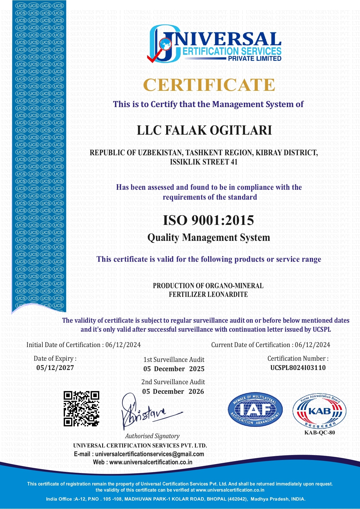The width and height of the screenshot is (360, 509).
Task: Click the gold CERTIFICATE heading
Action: (x=209, y=85)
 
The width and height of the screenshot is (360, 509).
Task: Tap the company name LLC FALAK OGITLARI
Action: (x=204, y=130)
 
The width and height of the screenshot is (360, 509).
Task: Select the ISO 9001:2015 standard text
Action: (x=208, y=220)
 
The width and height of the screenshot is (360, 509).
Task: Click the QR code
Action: (x=82, y=409)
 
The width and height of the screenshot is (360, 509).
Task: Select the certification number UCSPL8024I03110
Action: (x=298, y=368)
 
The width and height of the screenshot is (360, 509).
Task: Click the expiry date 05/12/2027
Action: (x=55, y=368)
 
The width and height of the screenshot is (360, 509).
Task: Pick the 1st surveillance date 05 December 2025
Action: (x=174, y=369)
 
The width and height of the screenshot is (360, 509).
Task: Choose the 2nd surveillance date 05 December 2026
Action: (x=173, y=391)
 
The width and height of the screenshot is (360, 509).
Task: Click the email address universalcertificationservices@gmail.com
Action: (x=149, y=454)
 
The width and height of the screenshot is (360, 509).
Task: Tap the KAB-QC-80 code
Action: (x=319, y=433)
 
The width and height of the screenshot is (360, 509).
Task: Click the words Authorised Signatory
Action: (x=152, y=436)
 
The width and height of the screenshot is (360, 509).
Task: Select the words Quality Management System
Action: (x=209, y=238)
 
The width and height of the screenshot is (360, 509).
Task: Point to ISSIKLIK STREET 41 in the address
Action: (x=204, y=162)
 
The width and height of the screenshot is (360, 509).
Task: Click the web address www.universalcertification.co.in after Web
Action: (x=151, y=462)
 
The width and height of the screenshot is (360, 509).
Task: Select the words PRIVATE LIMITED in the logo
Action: (x=254, y=58)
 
